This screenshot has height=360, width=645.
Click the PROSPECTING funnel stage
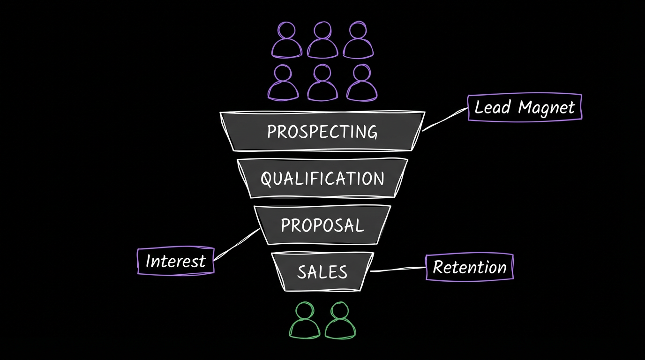click(x=322, y=131)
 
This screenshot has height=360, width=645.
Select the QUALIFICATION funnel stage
click(x=322, y=178)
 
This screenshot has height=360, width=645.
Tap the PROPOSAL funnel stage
click(x=322, y=225)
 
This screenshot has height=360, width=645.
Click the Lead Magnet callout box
click(x=525, y=107)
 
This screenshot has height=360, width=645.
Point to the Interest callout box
click(x=175, y=261)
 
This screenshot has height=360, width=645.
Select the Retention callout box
click(x=469, y=267)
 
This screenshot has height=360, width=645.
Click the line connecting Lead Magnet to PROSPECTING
click(x=445, y=119)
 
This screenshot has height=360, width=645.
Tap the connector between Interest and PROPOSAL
click(x=237, y=243)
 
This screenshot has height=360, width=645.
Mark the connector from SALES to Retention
click(x=398, y=269)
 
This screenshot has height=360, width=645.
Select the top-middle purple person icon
click(x=322, y=40)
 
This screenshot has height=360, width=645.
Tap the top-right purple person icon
click(x=359, y=40)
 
